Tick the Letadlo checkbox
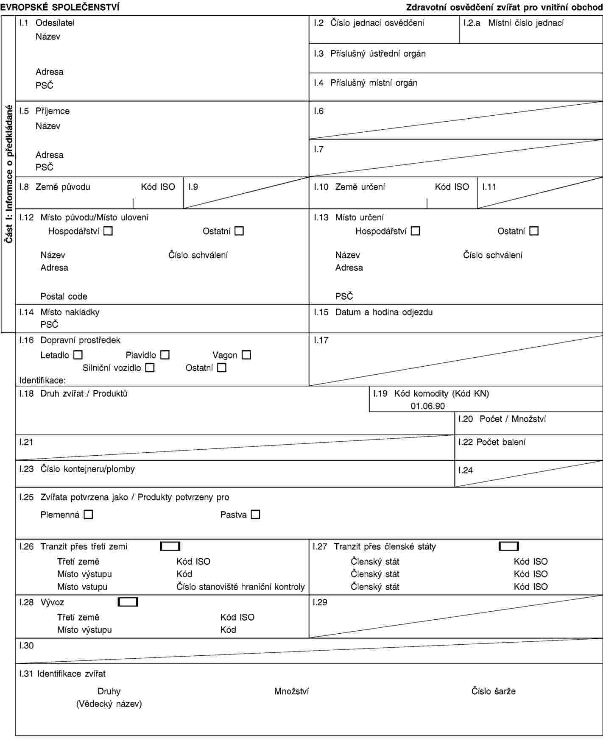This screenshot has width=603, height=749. point(78,355)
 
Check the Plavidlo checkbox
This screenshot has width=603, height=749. point(165,355)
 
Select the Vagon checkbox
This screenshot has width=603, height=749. point(246,355)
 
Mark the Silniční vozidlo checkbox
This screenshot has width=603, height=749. point(150,368)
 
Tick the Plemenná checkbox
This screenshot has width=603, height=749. point(88,515)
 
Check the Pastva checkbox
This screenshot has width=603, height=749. point(255,515)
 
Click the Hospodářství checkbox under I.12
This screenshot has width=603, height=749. point(109,231)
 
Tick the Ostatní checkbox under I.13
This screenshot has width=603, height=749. point(534,231)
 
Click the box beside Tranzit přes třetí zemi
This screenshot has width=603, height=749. point(170,546)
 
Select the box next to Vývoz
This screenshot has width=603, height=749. point(128,602)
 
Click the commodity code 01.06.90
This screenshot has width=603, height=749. point(427,406)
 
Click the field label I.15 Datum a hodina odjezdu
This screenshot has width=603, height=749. point(373,312)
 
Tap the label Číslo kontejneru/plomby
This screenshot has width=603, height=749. point(87,469)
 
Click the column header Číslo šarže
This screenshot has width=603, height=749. point(493,691)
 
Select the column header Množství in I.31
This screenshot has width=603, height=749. point(291,691)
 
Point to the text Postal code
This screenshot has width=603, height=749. point(64,297)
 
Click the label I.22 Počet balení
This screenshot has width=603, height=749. point(492,442)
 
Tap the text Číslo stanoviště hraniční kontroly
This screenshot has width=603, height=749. point(240,587)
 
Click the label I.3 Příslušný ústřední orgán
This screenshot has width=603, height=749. point(370,54)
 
